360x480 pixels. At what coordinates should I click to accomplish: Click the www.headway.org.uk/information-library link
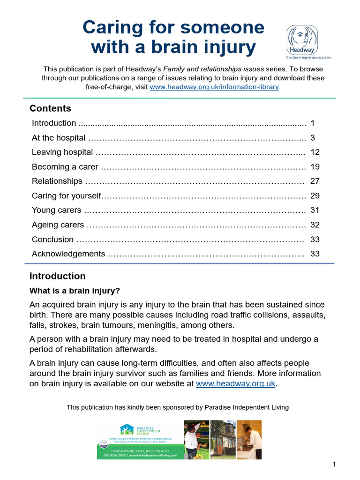click(x=215, y=87)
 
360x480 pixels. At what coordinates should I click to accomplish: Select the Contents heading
click(x=50, y=108)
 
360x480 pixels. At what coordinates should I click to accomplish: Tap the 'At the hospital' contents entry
click(x=59, y=138)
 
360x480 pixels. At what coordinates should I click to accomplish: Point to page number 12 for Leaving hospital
click(x=315, y=152)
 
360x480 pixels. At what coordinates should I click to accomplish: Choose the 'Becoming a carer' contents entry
click(x=65, y=167)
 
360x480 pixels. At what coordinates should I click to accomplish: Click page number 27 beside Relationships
click(x=315, y=181)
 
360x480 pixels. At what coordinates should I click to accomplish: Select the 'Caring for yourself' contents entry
click(x=67, y=196)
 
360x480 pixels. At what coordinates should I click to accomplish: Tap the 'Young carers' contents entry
click(x=56, y=210)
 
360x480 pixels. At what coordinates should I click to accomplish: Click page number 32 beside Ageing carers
click(x=315, y=225)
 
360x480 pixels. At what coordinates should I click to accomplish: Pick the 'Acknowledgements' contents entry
click(x=68, y=254)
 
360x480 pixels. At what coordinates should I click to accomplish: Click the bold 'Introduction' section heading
click(x=57, y=276)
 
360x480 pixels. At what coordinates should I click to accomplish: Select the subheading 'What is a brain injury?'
click(x=75, y=291)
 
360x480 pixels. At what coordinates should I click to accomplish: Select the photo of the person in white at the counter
click(x=249, y=440)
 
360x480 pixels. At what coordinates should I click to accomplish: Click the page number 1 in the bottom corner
click(x=334, y=465)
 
